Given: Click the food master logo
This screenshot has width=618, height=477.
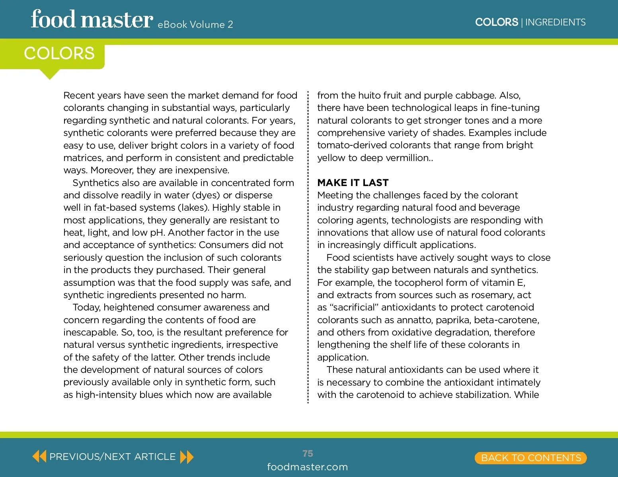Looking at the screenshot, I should coord(92,19).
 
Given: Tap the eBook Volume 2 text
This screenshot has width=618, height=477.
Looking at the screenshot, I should coord(195,25).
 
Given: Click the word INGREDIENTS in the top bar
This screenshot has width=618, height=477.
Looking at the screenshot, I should coord(555,22).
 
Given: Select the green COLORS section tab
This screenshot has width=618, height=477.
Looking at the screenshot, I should coord(59,54).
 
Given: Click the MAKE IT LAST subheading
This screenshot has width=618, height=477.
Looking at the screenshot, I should coord(353,183).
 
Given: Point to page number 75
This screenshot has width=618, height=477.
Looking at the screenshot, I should coord(308,454).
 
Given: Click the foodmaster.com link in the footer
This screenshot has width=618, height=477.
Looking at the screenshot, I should coord(307,467).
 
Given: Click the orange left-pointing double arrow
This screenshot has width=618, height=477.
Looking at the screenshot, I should coord(39,456).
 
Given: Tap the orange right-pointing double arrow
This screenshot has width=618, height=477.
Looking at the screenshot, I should coord(187,457).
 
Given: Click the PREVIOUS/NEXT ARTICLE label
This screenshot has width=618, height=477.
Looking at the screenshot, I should coord(112,457).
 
